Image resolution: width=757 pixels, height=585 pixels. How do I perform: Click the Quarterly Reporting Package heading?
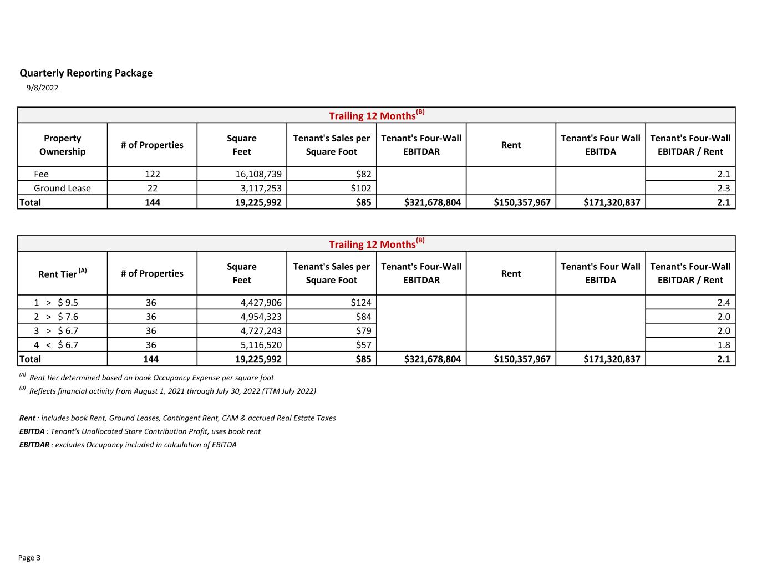pyautogui.click(x=86, y=73)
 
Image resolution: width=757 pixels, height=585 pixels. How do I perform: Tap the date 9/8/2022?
pyautogui.click(x=42, y=88)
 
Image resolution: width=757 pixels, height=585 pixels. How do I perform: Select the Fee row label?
pyautogui.click(x=41, y=174)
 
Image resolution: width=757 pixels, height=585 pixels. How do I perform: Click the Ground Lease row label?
pyautogui.click(x=62, y=188)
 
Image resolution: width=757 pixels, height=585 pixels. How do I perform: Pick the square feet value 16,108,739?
pyautogui.click(x=258, y=174)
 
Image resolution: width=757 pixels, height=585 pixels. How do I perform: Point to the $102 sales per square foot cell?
pyautogui.click(x=360, y=188)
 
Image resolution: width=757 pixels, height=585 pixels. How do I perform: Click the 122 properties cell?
pyautogui.click(x=152, y=174)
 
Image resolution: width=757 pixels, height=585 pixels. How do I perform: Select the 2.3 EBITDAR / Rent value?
pyautogui.click(x=723, y=188)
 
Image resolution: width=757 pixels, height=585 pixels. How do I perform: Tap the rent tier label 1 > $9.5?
pyautogui.click(x=55, y=303)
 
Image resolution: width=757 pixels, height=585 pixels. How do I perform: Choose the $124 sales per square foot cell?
pyautogui.click(x=360, y=303)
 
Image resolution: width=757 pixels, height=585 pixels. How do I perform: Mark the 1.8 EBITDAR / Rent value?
pyautogui.click(x=723, y=345)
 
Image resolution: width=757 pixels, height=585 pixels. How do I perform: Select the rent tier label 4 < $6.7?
pyautogui.click(x=55, y=345)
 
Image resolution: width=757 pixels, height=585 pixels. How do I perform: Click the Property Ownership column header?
pyautogui.click(x=62, y=145)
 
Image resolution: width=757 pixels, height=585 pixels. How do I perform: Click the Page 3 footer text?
pyautogui.click(x=29, y=558)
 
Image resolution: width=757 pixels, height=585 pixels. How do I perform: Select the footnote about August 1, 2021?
pyautogui.click(x=172, y=391)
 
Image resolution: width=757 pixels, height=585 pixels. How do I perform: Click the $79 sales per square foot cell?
pyautogui.click(x=363, y=331)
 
